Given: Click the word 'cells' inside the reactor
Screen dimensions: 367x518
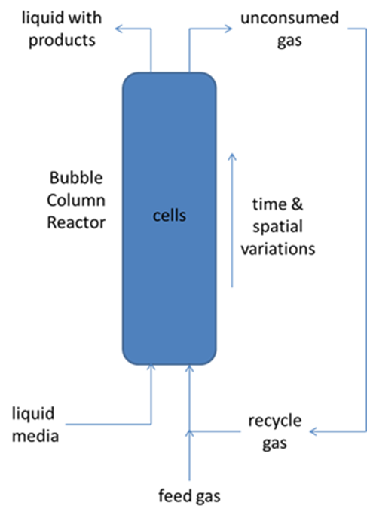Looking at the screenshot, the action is point(170,216).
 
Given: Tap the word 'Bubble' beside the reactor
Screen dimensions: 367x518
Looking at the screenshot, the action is point(76,178).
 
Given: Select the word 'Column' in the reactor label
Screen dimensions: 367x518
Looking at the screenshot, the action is point(76,201).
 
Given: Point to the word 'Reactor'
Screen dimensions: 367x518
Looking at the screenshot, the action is point(76,222).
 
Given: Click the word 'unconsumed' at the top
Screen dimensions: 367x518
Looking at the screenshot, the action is point(290,18).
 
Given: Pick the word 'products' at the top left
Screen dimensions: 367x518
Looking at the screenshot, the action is point(62,41).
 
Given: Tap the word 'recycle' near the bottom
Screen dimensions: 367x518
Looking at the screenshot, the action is point(275,421).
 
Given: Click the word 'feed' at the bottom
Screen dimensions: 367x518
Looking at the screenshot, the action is point(173,496).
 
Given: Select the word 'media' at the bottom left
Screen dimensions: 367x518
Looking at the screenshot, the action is point(35,436).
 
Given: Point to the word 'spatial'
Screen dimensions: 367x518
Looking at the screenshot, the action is point(277,227).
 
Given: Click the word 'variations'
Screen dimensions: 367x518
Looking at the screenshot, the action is point(278,249).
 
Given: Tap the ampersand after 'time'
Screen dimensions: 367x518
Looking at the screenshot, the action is point(297,204).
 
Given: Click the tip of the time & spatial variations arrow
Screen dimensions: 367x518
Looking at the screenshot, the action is point(232,154).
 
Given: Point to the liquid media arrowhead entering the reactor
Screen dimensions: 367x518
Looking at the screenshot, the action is point(151,366).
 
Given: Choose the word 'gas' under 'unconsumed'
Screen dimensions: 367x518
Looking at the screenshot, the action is point(289,41).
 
